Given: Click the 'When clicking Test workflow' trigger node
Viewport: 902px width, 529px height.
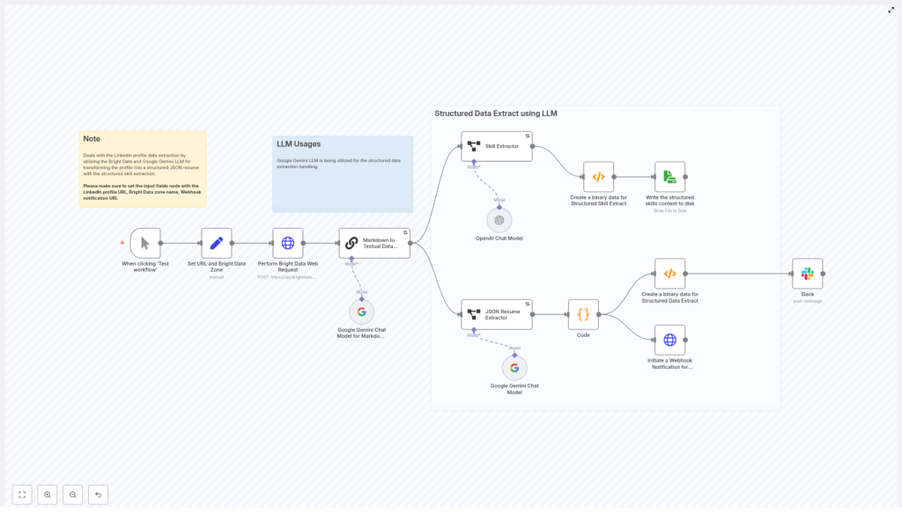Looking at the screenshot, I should click(x=145, y=243).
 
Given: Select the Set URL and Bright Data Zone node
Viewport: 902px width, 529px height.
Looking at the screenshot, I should click(x=217, y=243).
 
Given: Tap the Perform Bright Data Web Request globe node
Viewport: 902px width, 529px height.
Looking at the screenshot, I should click(x=288, y=243).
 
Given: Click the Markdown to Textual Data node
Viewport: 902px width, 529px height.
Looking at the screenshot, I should click(x=374, y=243).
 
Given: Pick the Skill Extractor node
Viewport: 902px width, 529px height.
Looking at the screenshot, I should click(x=497, y=146).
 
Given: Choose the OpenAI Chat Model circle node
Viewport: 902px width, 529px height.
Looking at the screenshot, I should click(x=499, y=220).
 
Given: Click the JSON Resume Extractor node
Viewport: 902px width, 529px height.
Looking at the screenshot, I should click(x=497, y=314).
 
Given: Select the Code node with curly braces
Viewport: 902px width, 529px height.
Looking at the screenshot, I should click(x=583, y=314).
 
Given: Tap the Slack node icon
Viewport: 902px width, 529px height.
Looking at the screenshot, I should click(x=807, y=274).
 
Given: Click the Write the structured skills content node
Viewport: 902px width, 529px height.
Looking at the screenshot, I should click(x=669, y=177).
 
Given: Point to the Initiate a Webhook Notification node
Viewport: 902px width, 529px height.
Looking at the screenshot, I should click(x=669, y=340).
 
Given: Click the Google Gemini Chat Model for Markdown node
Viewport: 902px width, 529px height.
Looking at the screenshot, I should click(x=361, y=312).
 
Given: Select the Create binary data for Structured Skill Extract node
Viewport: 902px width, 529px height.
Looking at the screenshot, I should click(x=598, y=177).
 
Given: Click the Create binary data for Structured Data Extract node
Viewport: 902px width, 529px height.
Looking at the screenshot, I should click(x=669, y=274).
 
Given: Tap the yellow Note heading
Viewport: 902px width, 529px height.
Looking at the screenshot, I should click(x=92, y=139).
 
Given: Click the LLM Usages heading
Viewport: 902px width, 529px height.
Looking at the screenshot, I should click(x=299, y=144).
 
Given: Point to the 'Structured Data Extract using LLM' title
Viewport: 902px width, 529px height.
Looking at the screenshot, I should click(x=496, y=114).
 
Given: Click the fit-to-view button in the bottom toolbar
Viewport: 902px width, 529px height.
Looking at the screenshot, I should click(x=22, y=495).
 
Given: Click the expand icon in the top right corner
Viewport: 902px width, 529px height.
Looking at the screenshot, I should click(x=891, y=10).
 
